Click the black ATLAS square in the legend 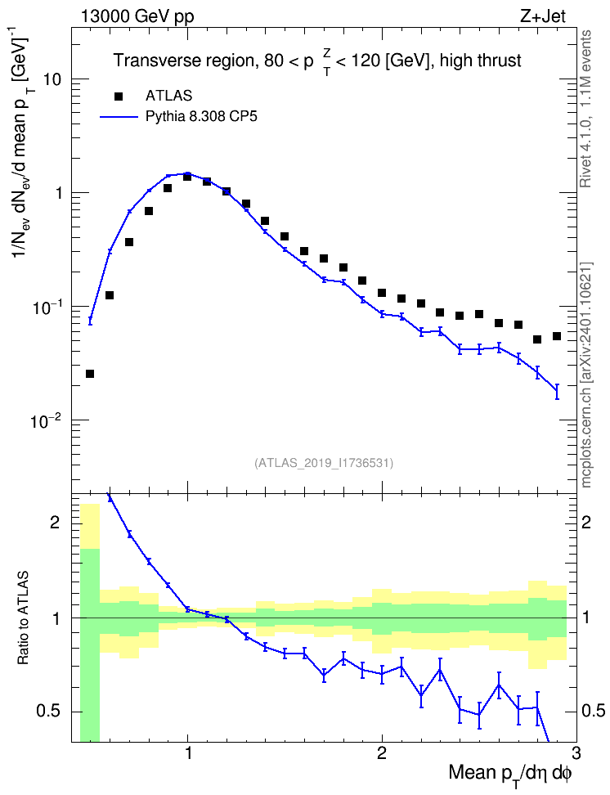[119, 96]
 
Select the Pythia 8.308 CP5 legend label [201, 117]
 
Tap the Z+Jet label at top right [543, 16]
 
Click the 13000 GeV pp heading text [137, 16]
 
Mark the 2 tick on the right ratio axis [585, 522]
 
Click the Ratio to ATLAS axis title [23, 618]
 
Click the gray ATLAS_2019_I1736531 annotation [323, 462]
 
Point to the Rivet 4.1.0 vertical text [585, 109]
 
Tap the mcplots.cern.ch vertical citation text [585, 375]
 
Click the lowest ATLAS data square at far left [90, 374]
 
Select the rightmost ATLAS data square [556, 336]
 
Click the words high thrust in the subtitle [481, 61]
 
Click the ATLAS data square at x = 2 [382, 293]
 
